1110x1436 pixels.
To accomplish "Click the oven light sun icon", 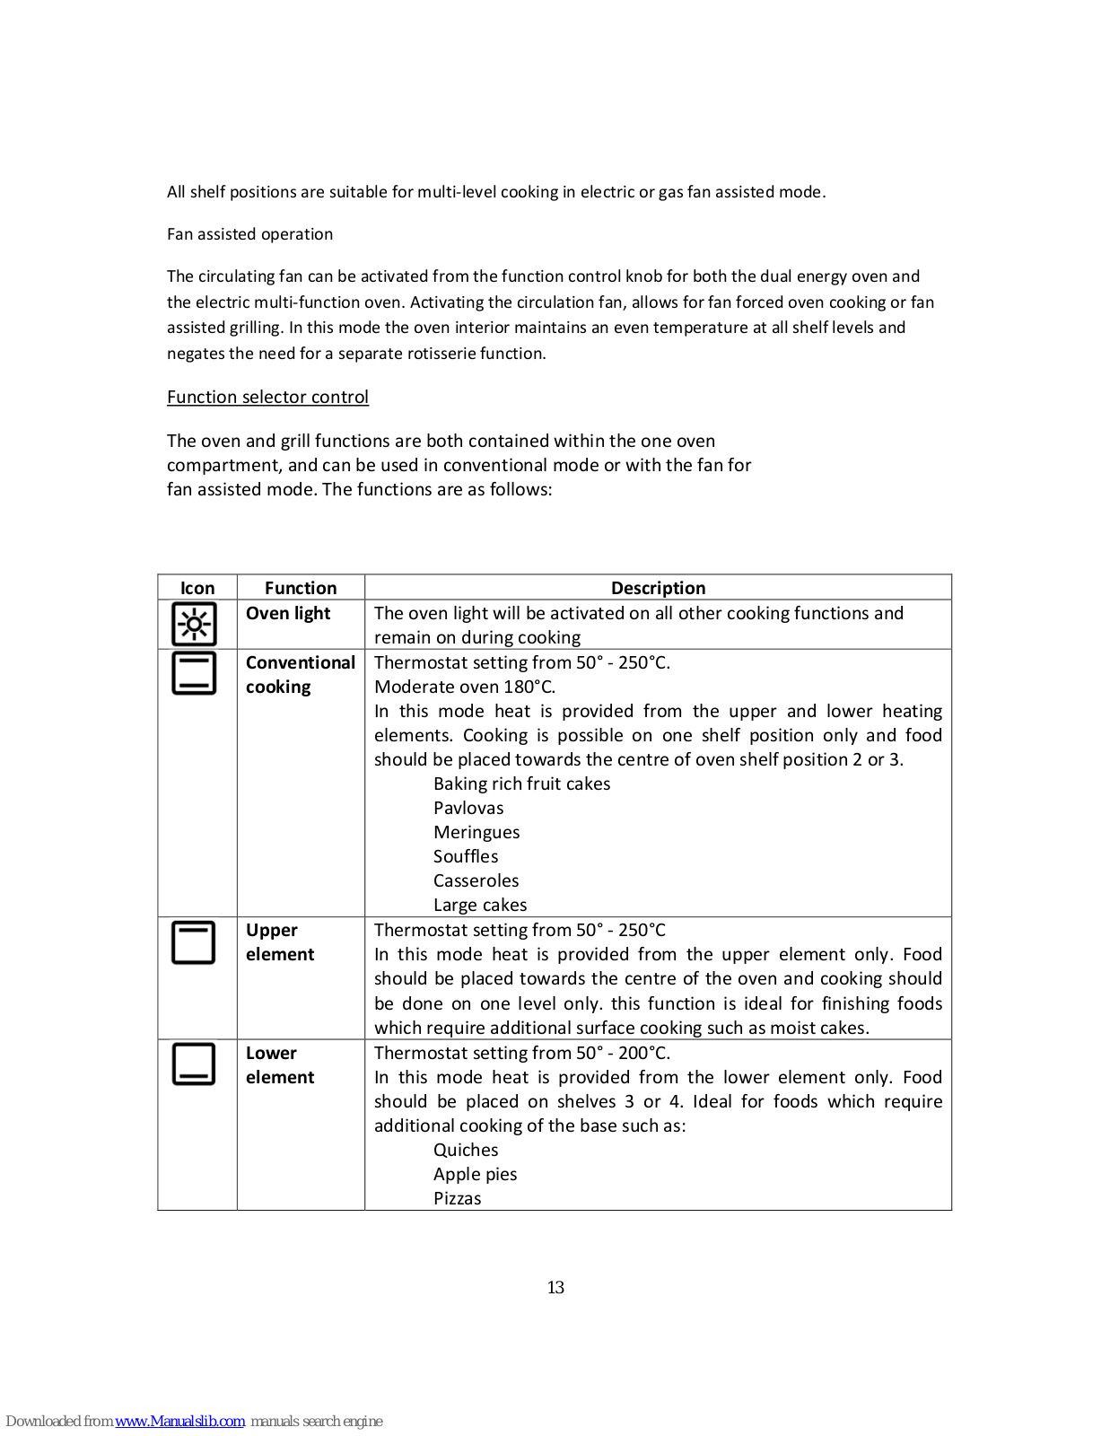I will click(x=195, y=624).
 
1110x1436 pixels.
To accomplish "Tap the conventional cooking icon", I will click(x=194, y=673).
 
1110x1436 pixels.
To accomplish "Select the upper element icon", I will click(x=194, y=942).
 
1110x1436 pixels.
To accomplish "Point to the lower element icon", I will click(x=194, y=1064).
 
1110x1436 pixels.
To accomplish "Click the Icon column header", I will click(x=197, y=588).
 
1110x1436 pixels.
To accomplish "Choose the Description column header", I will click(x=658, y=588).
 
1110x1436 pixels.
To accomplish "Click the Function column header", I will click(x=301, y=588).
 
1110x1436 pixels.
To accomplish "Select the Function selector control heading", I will click(x=267, y=397).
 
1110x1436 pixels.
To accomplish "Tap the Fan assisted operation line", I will click(x=249, y=234).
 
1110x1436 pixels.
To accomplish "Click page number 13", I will click(x=555, y=1287).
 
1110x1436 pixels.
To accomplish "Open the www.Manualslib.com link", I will click(x=179, y=1421).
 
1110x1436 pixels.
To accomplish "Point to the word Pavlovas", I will click(x=468, y=808).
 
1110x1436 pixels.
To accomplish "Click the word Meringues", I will click(x=476, y=832).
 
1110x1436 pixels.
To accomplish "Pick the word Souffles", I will click(x=466, y=856).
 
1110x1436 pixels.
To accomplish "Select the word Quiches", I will click(x=466, y=1150).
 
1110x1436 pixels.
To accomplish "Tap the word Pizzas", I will click(x=457, y=1198).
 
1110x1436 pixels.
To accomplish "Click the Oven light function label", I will click(x=288, y=613).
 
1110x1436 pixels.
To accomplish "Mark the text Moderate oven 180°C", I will click(x=465, y=687).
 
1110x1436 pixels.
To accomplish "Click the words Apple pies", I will click(x=475, y=1174).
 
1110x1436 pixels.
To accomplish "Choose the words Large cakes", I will click(x=480, y=905).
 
